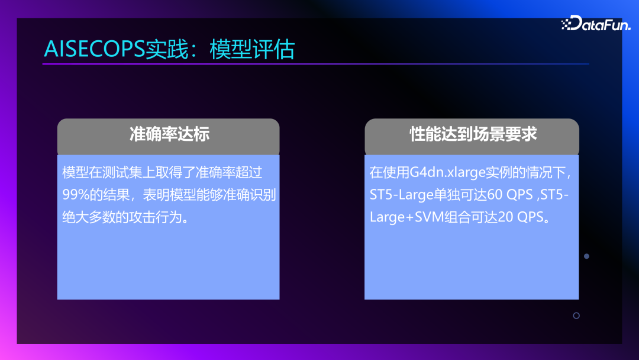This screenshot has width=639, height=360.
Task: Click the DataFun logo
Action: (596, 23)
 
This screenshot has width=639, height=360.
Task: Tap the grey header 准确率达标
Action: (169, 134)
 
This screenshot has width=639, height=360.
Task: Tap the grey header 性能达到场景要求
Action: (473, 134)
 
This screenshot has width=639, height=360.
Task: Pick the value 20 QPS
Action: (521, 217)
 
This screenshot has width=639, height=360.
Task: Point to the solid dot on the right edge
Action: (586, 256)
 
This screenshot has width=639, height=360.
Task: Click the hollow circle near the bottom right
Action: (576, 316)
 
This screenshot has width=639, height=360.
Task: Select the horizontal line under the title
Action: (315, 63)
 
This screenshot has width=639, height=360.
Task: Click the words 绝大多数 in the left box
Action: (89, 217)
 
